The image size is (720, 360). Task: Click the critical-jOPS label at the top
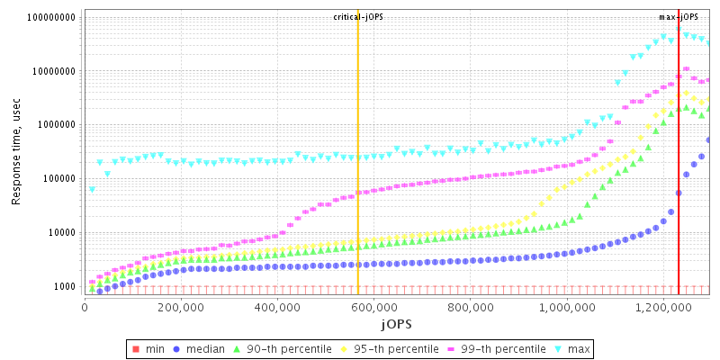coord(357,17)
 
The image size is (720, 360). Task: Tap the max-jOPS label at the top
coord(678,17)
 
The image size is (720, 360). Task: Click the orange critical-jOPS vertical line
coord(357,180)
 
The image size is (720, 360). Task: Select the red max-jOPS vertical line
coord(678,180)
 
